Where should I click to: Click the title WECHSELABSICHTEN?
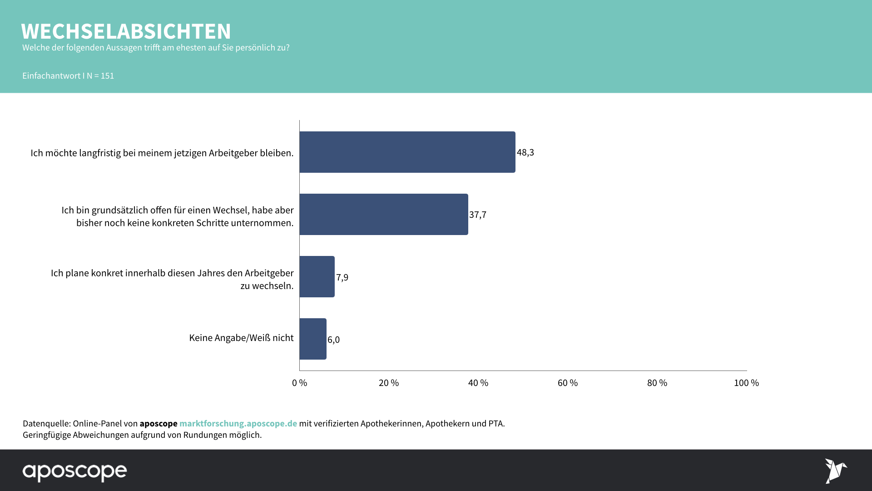(126, 31)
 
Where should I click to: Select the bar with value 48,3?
(407, 152)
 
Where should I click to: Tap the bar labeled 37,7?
(383, 215)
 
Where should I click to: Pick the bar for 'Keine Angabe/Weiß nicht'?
(312, 339)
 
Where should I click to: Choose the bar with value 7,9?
(317, 277)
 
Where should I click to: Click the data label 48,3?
(525, 152)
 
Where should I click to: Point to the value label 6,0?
(333, 340)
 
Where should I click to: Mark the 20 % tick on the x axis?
(389, 383)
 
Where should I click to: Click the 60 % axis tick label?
(568, 383)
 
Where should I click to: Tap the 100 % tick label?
(746, 383)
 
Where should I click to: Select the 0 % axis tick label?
(299, 383)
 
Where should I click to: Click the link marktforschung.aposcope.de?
(238, 423)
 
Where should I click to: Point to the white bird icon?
(836, 471)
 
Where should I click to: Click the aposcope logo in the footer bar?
(75, 472)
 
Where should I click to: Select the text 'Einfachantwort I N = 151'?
(68, 76)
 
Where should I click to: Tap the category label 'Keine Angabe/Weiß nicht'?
(241, 338)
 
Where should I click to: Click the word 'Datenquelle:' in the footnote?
(47, 423)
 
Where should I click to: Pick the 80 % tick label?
(657, 383)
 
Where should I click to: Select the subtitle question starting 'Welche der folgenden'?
(156, 48)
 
